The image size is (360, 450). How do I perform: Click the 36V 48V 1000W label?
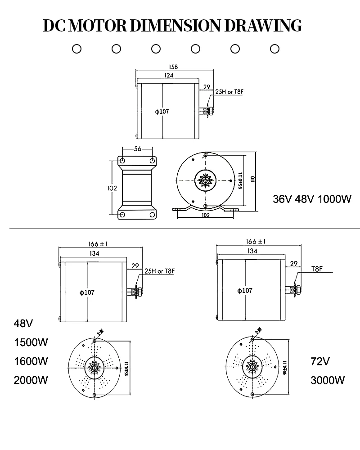(312, 199)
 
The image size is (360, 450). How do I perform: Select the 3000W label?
(328, 380)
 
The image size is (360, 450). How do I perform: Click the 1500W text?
(31, 342)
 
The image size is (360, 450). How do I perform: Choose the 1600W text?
(31, 361)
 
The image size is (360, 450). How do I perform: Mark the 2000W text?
(31, 380)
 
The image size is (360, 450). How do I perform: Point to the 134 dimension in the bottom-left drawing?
(94, 253)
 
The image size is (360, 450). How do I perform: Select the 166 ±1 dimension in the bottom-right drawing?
(256, 242)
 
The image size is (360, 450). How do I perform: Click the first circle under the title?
(77, 49)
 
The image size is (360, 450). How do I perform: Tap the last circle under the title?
(274, 49)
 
